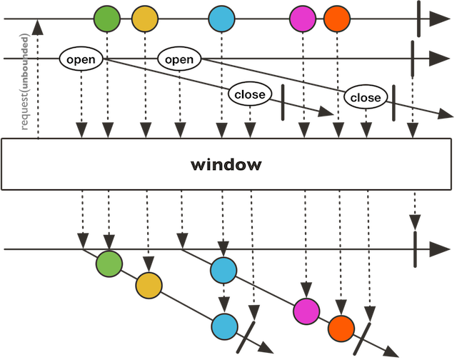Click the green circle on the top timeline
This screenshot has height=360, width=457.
(107, 19)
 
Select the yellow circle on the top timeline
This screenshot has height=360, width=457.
(146, 19)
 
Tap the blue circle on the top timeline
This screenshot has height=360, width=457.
(222, 19)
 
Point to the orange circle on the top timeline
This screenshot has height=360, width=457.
(337, 19)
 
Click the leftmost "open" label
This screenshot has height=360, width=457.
(80, 59)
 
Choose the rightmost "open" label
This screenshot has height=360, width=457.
(179, 59)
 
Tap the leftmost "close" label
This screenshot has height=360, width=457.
(248, 94)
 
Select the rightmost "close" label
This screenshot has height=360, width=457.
(366, 96)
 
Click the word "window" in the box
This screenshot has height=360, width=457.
(226, 165)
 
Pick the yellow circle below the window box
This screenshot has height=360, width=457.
(148, 286)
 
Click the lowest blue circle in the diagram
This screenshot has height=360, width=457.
(224, 325)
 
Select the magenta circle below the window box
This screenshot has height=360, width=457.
(306, 311)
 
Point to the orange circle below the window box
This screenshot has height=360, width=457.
(341, 328)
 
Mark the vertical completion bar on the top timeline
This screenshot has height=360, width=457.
(418, 19)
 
